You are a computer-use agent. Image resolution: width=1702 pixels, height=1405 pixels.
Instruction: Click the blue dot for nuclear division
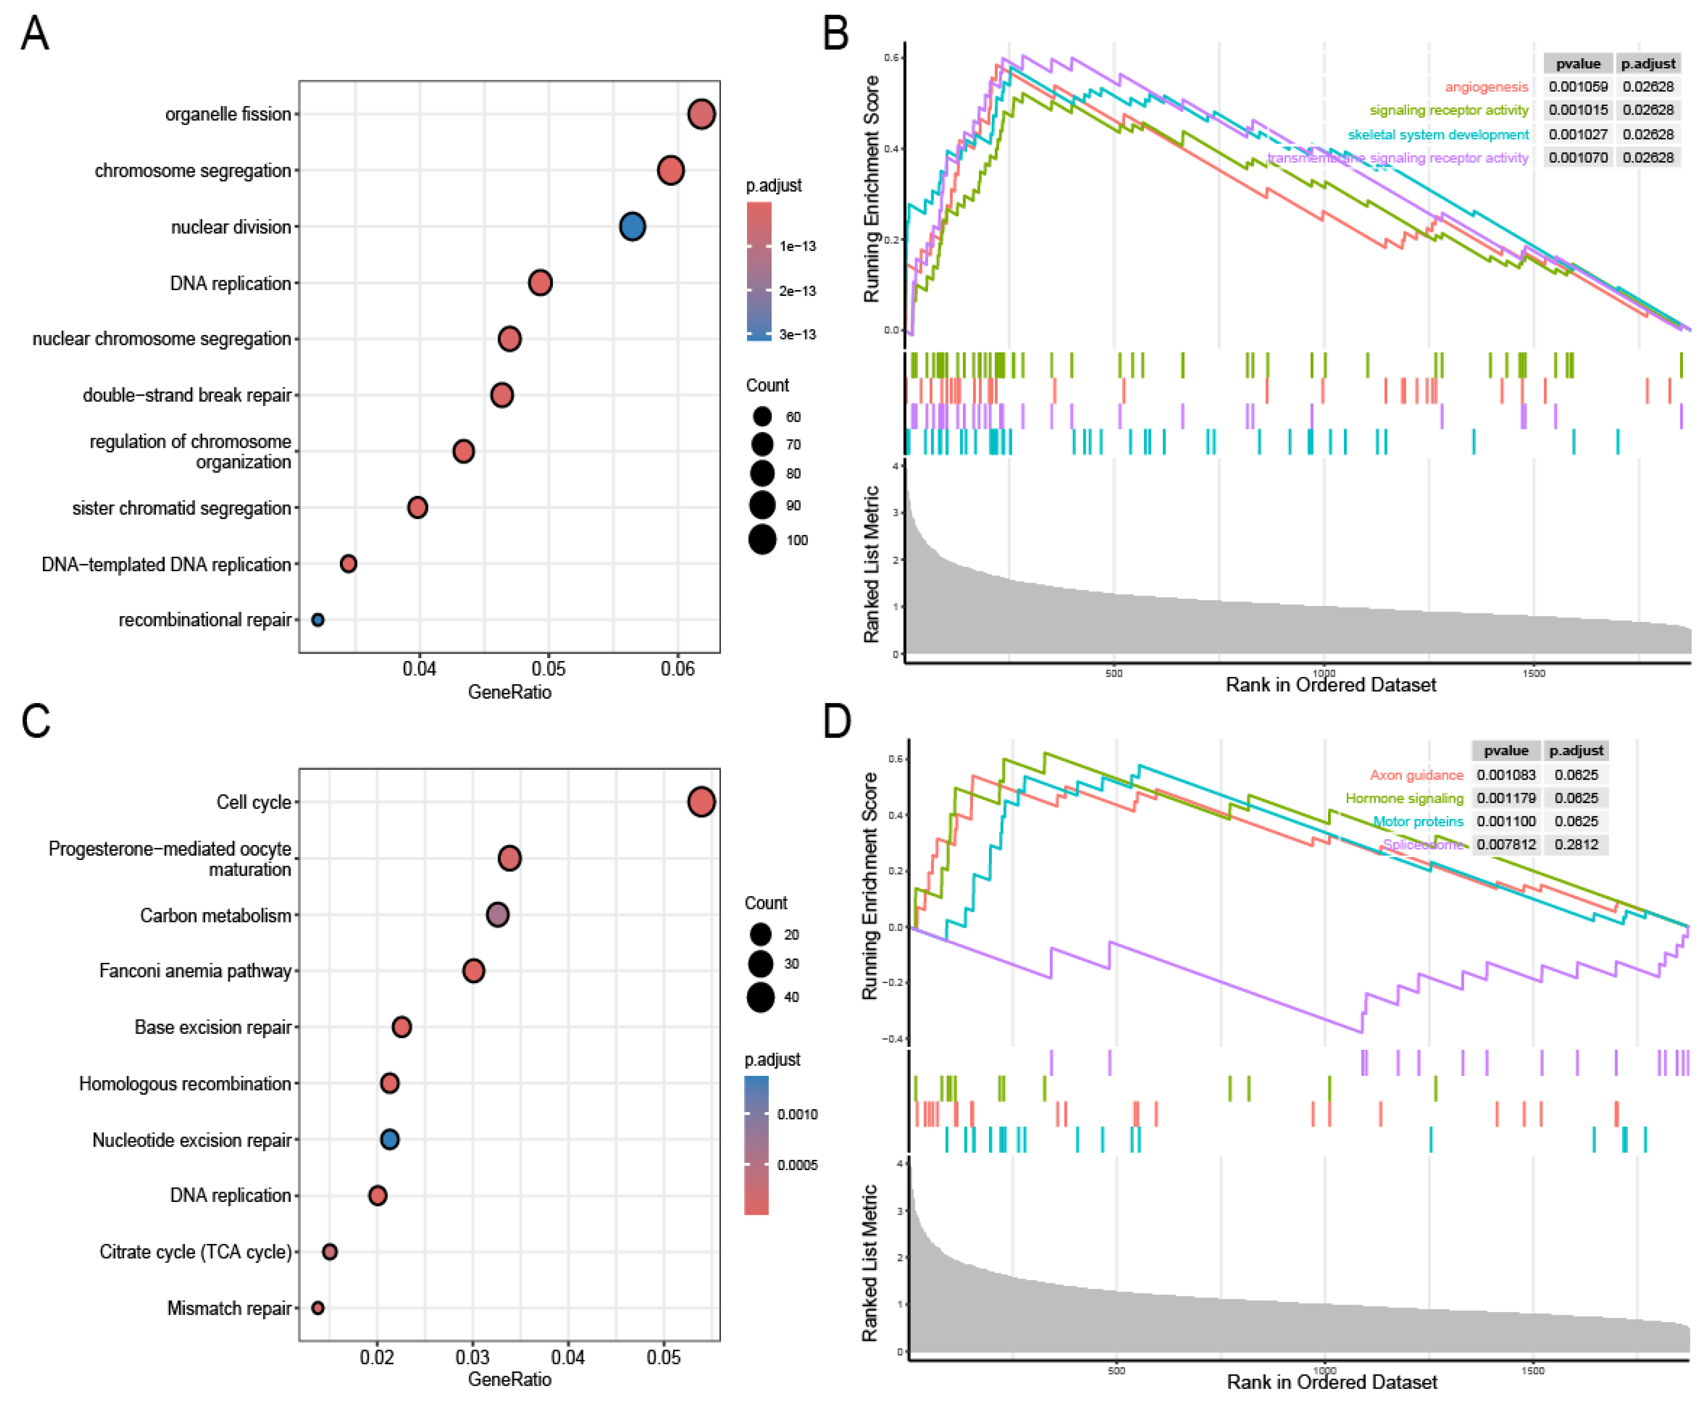[632, 227]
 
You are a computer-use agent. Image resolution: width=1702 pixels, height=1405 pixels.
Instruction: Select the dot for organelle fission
[701, 114]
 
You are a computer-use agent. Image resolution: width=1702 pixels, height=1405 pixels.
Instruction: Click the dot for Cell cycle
[701, 802]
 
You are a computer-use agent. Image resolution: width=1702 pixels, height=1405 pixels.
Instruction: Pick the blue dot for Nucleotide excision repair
[389, 1140]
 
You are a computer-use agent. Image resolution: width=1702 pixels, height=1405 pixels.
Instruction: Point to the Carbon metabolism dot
[497, 914]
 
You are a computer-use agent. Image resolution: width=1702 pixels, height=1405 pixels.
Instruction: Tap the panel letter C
[36, 720]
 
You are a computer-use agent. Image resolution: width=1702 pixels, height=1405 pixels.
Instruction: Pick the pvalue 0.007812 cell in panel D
[1505, 844]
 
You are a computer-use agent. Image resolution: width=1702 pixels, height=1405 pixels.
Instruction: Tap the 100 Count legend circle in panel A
[762, 539]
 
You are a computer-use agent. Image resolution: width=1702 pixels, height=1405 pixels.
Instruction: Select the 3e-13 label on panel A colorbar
[797, 334]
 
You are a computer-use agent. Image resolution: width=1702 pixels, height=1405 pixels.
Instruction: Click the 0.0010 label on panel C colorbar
[797, 1115]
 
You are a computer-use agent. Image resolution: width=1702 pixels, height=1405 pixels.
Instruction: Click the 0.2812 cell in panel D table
[1576, 844]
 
